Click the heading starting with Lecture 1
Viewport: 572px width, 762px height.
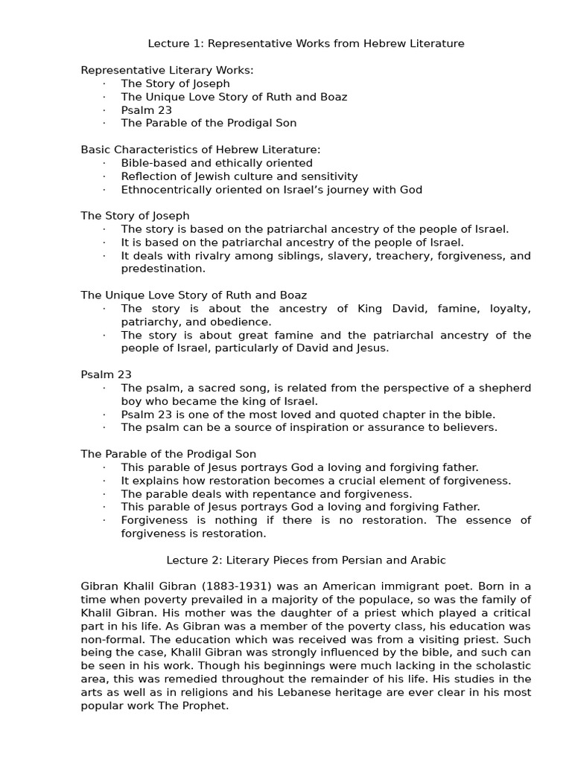305,44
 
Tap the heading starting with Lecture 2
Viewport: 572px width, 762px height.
305,560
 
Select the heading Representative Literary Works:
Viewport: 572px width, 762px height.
167,70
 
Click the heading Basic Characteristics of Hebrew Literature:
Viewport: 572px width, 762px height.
200,150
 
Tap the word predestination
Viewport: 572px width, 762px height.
162,269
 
